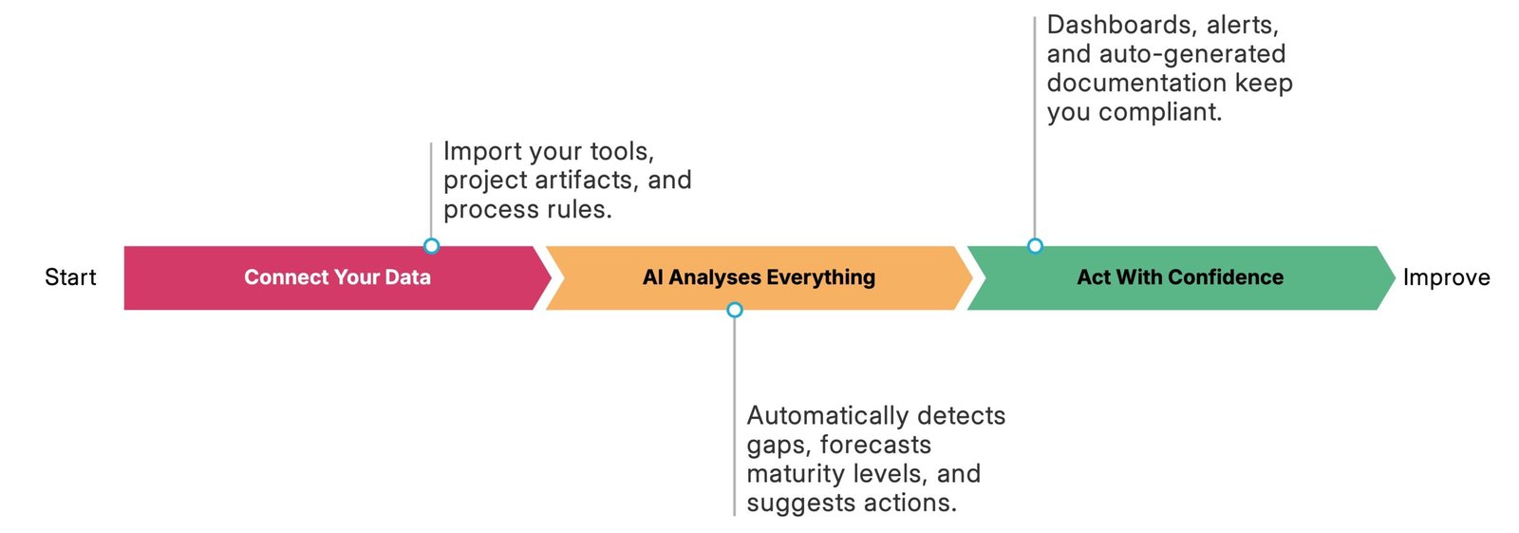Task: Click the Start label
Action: (70, 277)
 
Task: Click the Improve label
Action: (1447, 277)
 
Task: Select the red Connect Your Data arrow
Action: (338, 277)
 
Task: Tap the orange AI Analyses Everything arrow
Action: (759, 277)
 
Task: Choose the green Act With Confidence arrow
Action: (1180, 277)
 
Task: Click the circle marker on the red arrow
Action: (431, 246)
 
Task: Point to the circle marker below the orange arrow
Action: (735, 311)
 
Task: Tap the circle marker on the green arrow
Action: (1035, 246)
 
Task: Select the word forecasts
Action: (875, 445)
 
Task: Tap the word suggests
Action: (789, 504)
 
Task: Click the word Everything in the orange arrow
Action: (821, 277)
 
